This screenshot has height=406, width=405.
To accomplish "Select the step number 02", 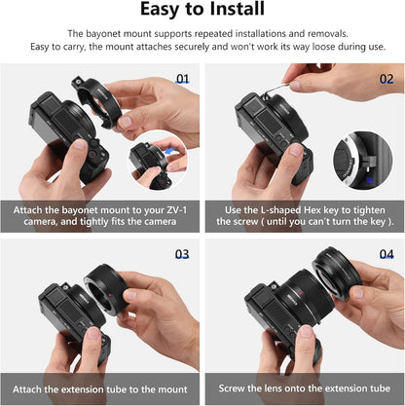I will (387, 79).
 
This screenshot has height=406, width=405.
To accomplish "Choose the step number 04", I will (387, 254).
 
